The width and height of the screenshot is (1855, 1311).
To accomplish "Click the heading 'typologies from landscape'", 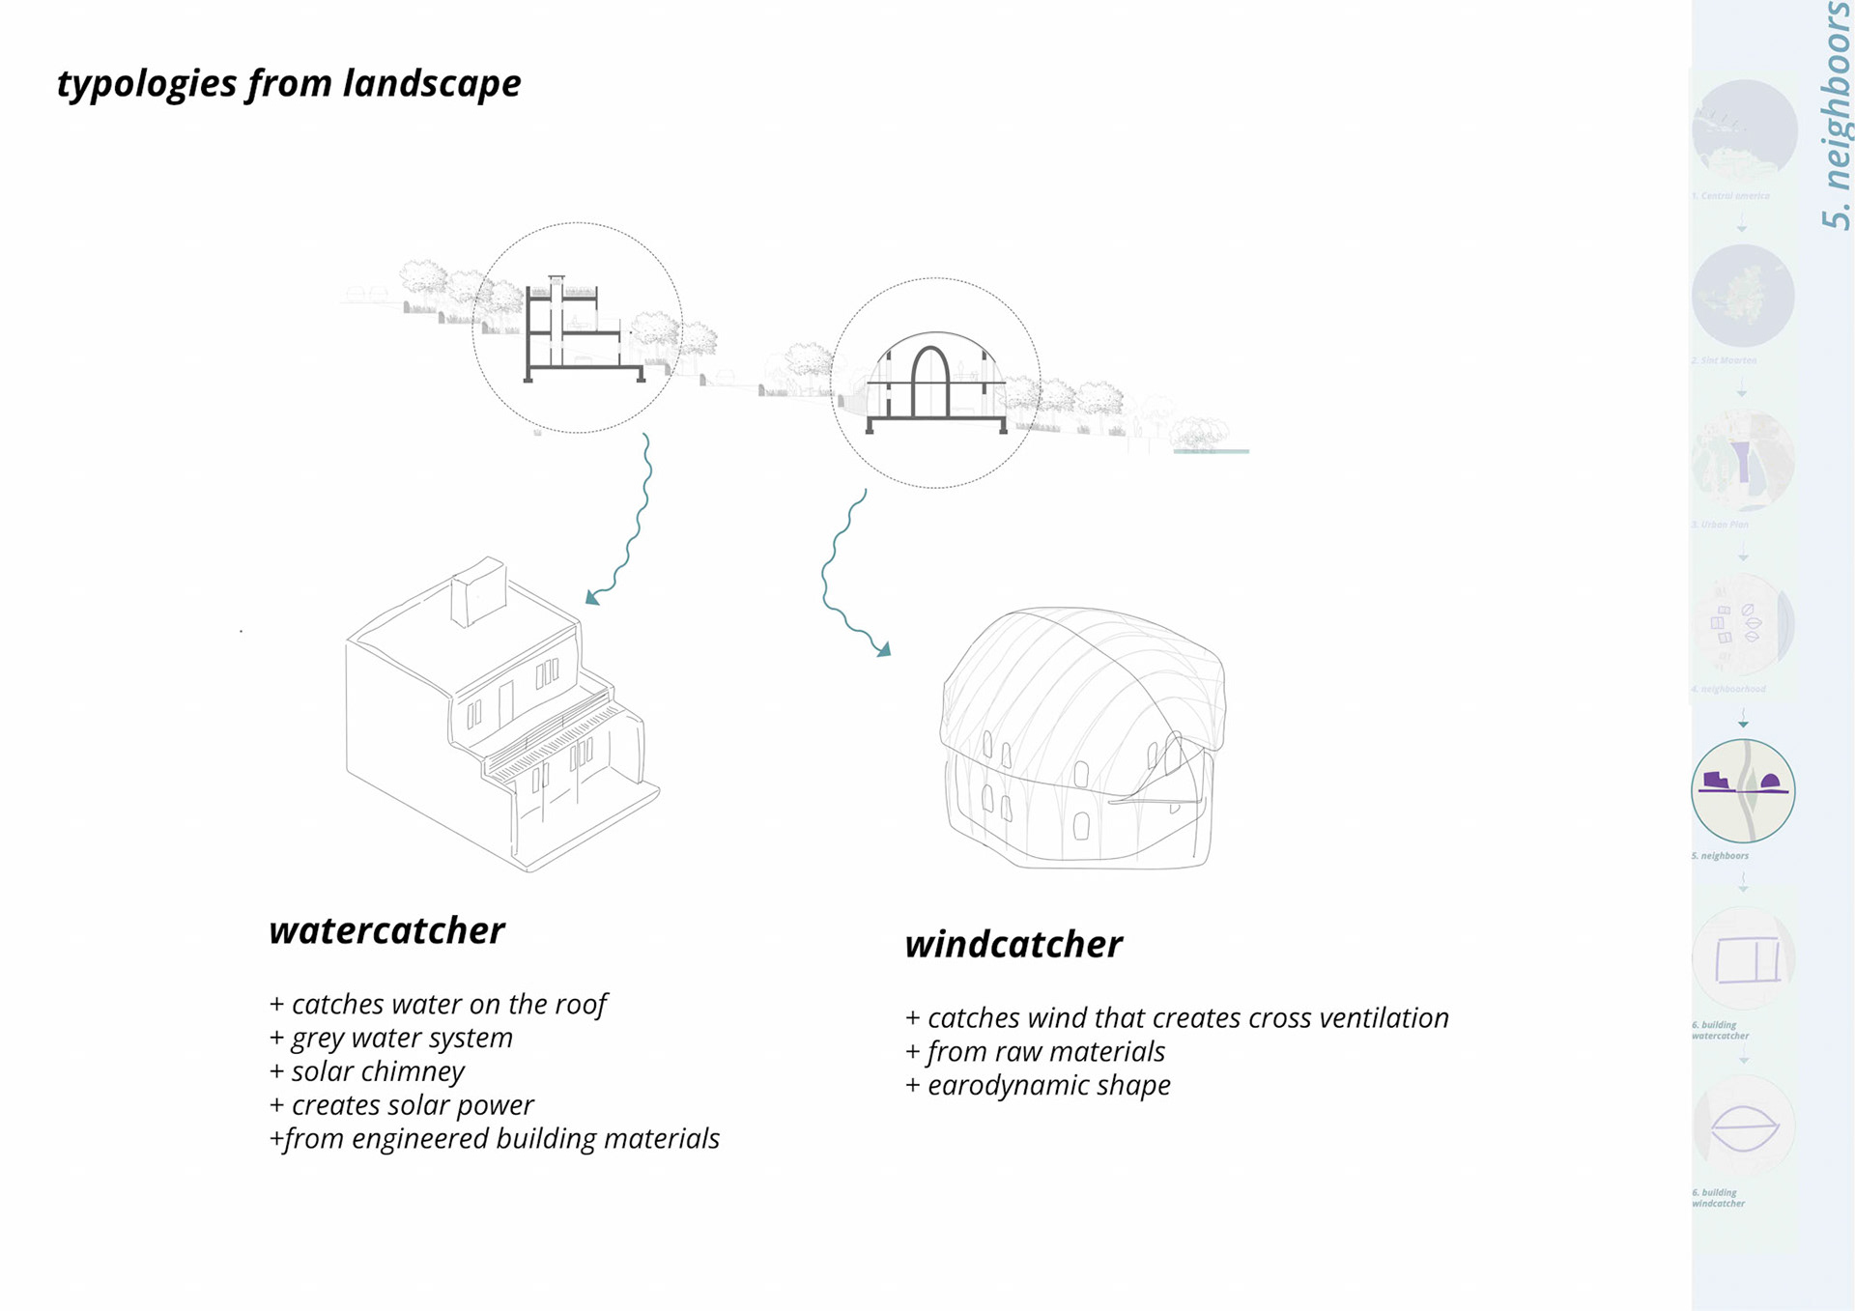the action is [289, 84].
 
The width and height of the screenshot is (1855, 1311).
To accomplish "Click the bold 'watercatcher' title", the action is [386, 930].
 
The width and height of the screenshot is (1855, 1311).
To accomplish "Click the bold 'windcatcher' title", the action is [1013, 944].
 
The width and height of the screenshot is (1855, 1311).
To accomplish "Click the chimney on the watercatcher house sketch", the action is [478, 590].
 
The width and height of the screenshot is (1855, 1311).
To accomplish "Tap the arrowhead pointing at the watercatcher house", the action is [592, 598].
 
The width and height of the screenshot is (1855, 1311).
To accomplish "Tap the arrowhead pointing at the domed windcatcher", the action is [883, 650].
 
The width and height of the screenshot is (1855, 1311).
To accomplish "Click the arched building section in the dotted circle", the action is [934, 382].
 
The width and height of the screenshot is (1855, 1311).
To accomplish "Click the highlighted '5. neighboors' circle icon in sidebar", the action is [1743, 790].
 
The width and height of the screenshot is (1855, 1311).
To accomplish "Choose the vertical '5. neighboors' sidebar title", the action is [1835, 116].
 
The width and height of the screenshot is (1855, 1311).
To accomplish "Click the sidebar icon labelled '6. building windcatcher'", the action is [1744, 1126].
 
